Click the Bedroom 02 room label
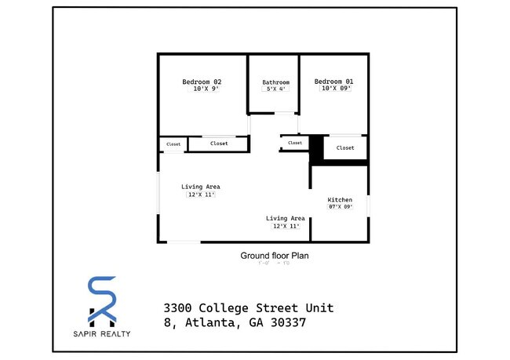(202, 82)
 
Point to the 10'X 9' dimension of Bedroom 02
(204, 89)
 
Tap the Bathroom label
(275, 82)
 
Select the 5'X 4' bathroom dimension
(276, 89)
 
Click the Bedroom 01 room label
(334, 82)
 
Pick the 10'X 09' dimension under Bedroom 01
(336, 89)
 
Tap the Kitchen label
(340, 200)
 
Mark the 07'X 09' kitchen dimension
(341, 207)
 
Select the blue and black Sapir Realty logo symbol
(102, 301)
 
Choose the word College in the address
(224, 307)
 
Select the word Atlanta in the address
(208, 322)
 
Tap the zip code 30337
(286, 322)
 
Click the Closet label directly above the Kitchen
(345, 147)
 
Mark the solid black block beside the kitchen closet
(316, 149)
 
